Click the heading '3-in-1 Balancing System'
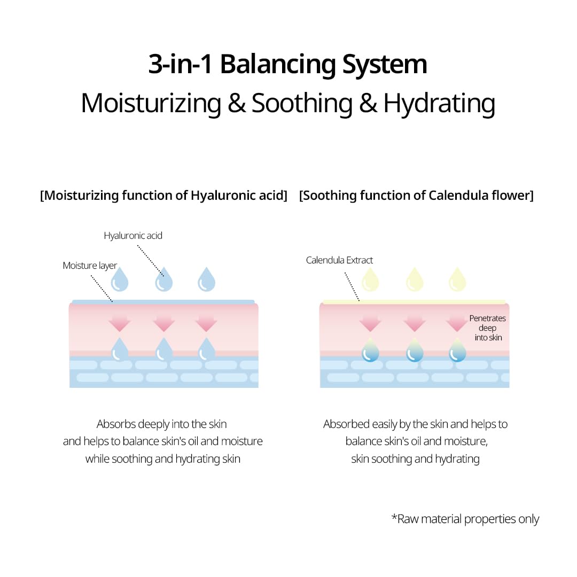pyautogui.click(x=288, y=65)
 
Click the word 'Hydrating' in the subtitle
pyautogui.click(x=439, y=103)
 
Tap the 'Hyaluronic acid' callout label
pyautogui.click(x=133, y=235)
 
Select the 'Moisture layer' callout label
pyautogui.click(x=90, y=266)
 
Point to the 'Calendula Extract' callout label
pyautogui.click(x=339, y=260)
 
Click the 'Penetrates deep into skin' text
pyautogui.click(x=487, y=328)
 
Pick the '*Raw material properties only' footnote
pyautogui.click(x=465, y=519)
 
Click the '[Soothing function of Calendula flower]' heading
pyautogui.click(x=416, y=196)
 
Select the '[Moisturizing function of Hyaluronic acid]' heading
pyautogui.click(x=163, y=196)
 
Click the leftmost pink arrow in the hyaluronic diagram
pyautogui.click(x=120, y=322)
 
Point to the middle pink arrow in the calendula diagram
pyautogui.click(x=415, y=322)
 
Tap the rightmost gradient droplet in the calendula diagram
pyautogui.click(x=457, y=350)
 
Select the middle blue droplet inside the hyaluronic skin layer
pyautogui.click(x=163, y=350)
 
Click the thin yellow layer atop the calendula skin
pyautogui.click(x=414, y=302)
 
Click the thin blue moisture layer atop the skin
pyautogui.click(x=163, y=302)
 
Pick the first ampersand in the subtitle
pyautogui.click(x=236, y=104)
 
